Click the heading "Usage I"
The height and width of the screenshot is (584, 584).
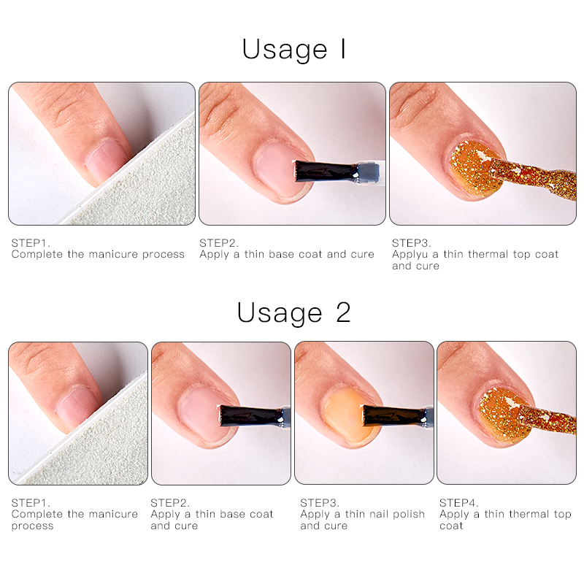(x=294, y=50)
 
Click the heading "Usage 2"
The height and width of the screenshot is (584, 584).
(x=294, y=313)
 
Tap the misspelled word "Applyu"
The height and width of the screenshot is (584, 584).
(x=410, y=255)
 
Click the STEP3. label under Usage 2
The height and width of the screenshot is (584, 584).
(x=320, y=503)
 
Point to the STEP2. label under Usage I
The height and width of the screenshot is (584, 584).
(x=218, y=243)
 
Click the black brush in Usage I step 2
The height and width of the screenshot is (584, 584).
(x=326, y=172)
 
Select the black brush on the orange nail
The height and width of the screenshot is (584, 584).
(x=395, y=415)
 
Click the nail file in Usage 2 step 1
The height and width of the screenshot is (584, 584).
(x=89, y=439)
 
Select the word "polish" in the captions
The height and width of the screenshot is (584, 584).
(x=409, y=515)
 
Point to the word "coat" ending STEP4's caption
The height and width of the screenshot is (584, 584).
(x=451, y=526)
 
